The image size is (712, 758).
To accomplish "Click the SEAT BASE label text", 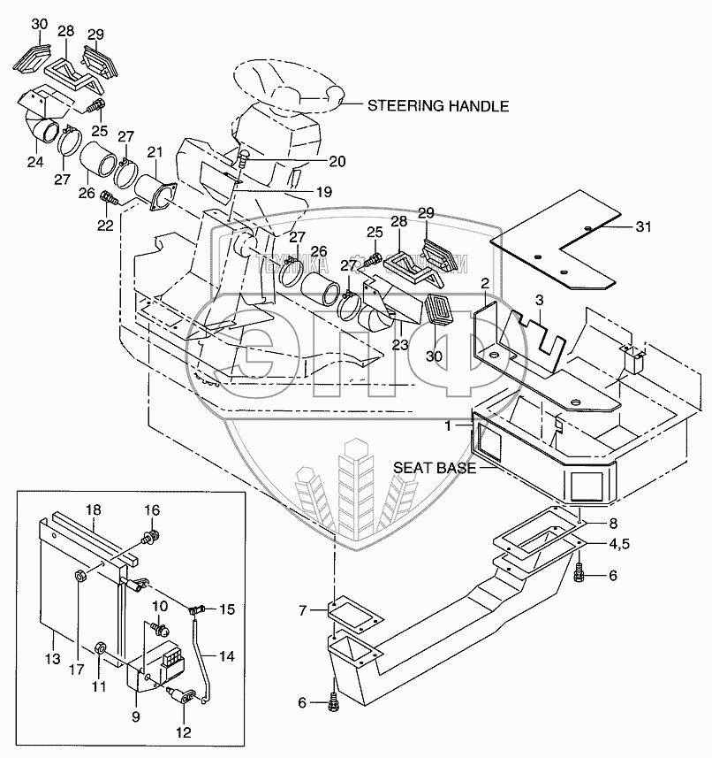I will (x=435, y=468).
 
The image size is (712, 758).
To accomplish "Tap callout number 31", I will (x=644, y=227).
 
